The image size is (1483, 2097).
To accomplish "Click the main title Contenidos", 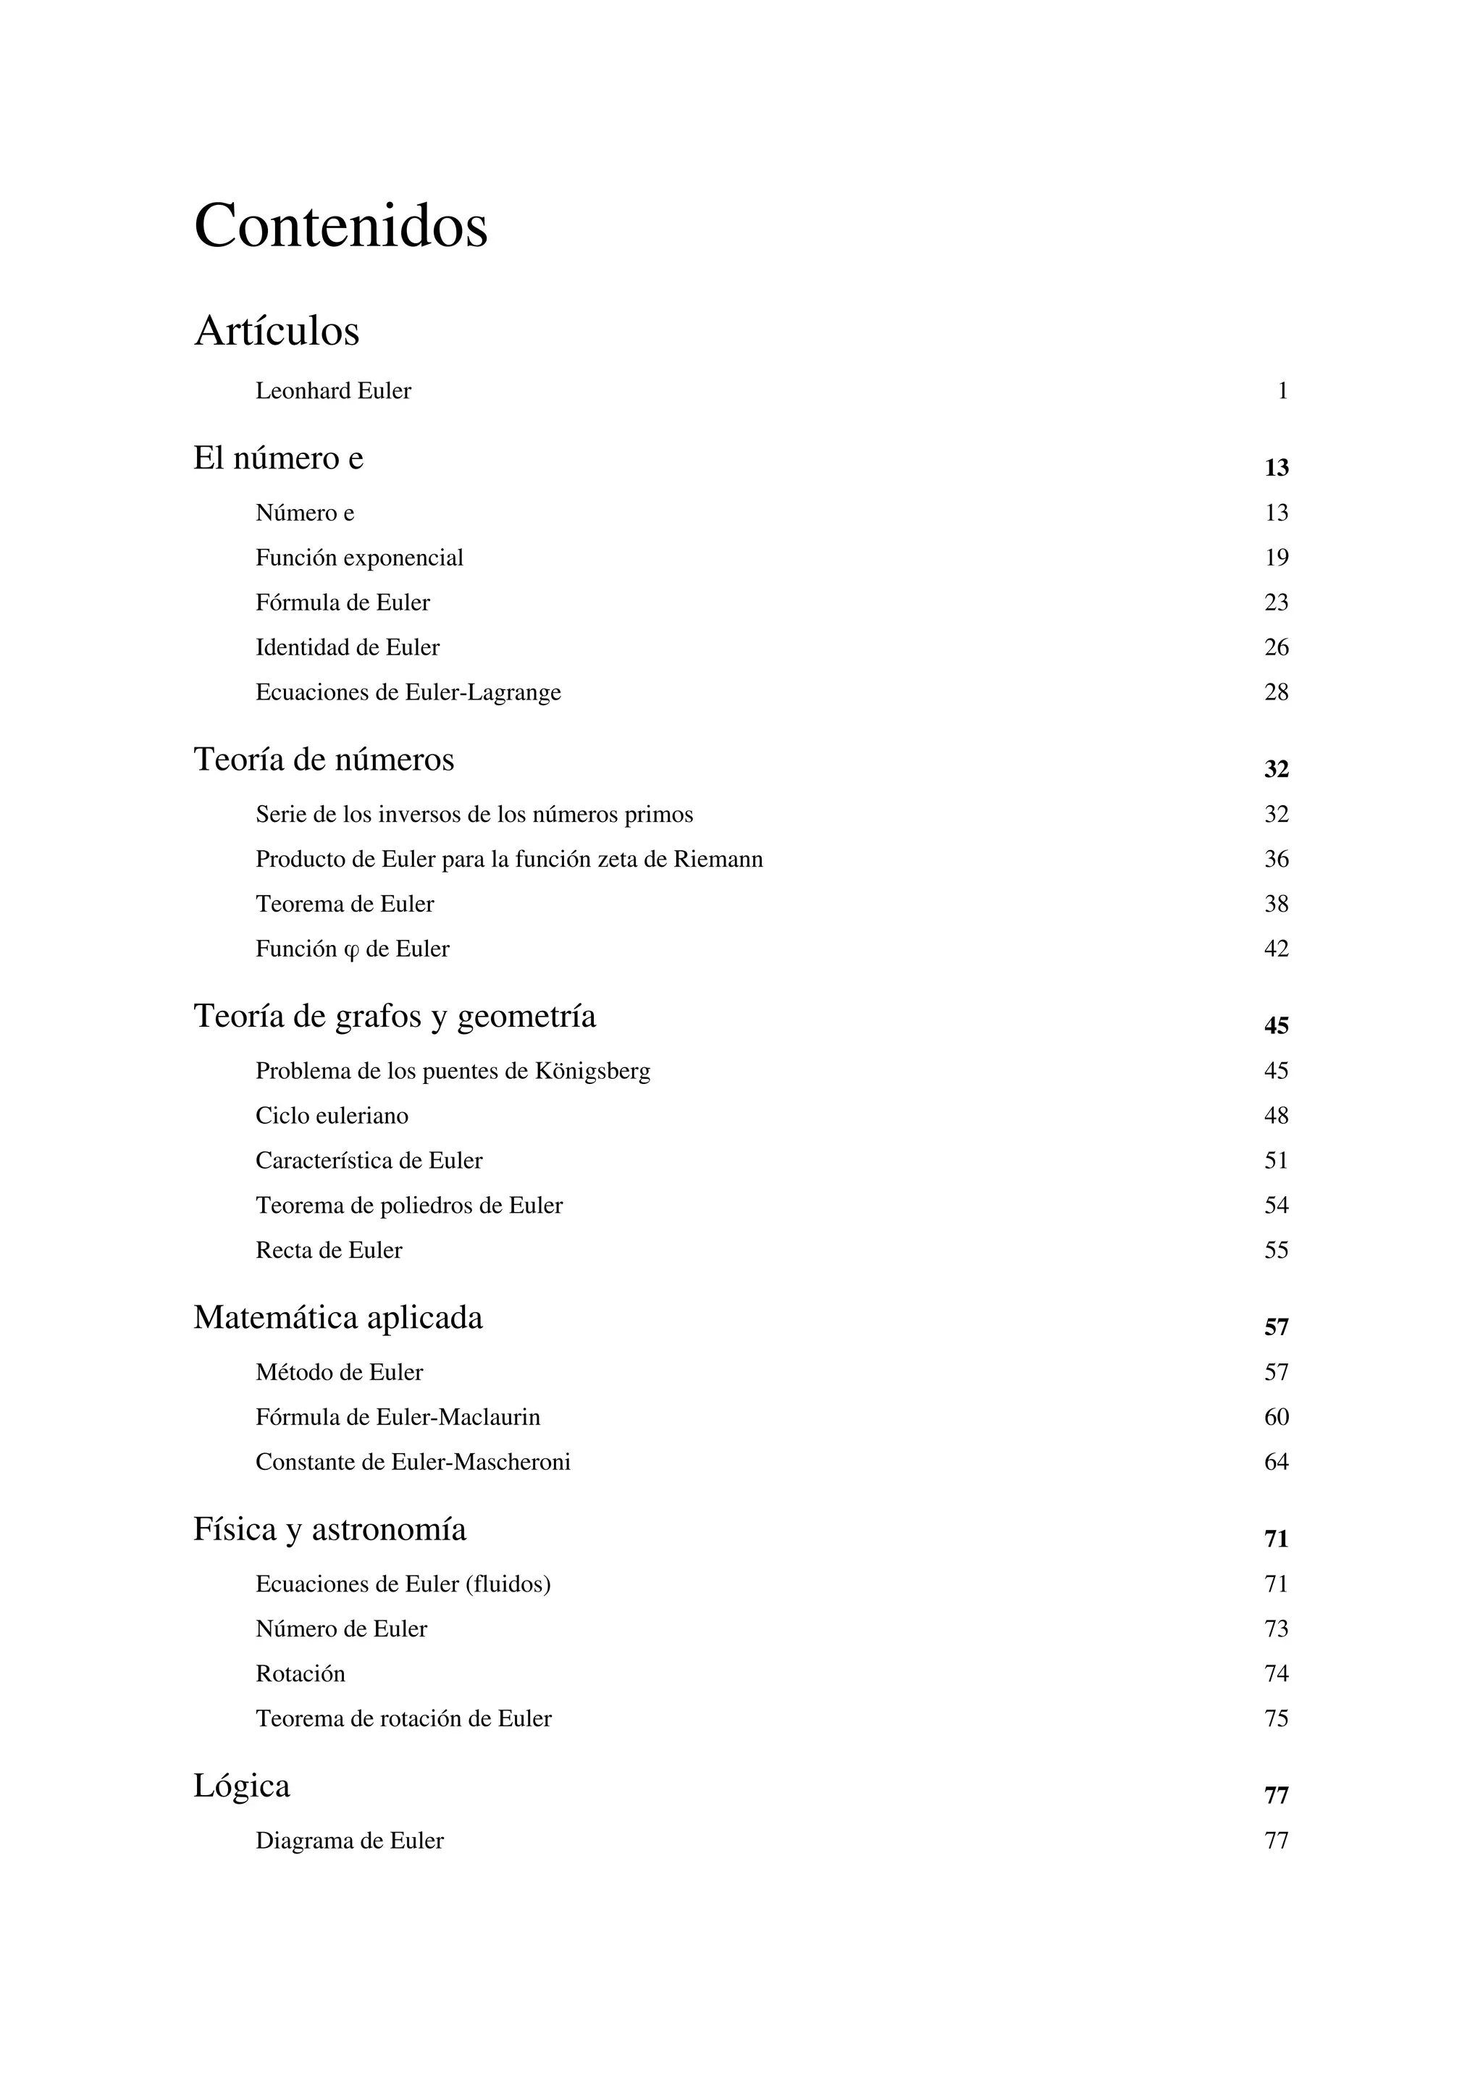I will point(340,226).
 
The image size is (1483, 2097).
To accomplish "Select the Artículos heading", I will point(277,331).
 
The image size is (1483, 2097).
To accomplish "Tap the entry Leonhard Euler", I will point(333,391).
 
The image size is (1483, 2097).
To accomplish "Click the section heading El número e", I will point(279,458).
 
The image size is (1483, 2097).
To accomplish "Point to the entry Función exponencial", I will point(359,558).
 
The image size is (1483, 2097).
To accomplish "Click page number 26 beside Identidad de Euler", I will point(1276,647).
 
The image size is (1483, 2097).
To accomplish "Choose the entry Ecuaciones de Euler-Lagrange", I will point(408,692).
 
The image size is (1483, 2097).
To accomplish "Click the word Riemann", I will point(718,860).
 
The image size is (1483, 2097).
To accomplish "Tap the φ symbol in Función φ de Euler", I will point(352,951).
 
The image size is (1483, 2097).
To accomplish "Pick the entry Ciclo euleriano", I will point(332,1116).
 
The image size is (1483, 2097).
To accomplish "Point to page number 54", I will point(1276,1206).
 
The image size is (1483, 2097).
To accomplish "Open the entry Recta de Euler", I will point(329,1251).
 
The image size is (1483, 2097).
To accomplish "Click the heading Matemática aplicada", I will point(338,1317).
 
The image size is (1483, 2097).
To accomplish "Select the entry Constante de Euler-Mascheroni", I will point(413,1462).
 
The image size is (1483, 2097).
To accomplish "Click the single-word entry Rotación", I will point(301,1673).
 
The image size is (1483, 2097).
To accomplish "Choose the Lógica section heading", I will point(242,1786).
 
